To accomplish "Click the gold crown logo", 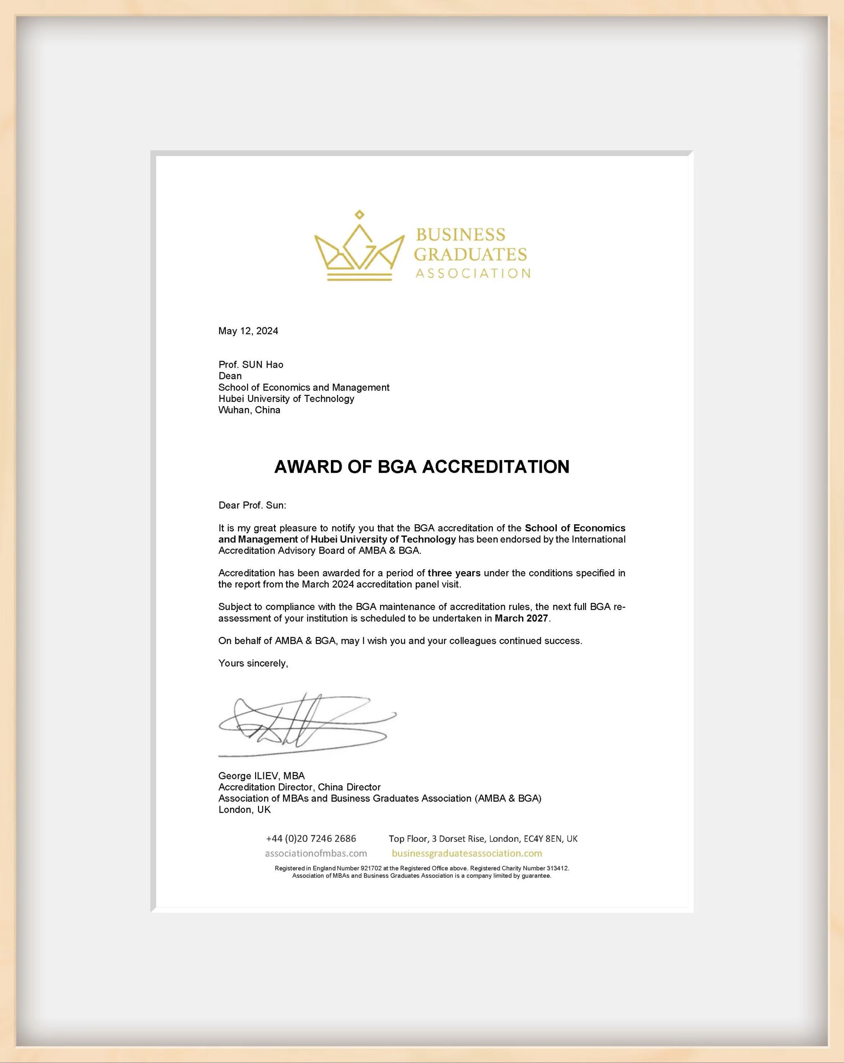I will [359, 249].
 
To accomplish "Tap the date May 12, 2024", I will [248, 331].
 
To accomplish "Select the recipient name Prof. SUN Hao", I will [251, 364].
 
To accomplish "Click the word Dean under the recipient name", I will [230, 376].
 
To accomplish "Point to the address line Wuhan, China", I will [249, 410].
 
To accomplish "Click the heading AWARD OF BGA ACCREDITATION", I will [422, 466].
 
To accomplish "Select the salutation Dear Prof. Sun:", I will [252, 505].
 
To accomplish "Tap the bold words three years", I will [454, 573].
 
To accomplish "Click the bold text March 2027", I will [521, 618].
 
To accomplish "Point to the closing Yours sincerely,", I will [253, 663].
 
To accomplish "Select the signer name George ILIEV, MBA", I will [261, 776].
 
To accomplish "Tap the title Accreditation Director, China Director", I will [300, 787].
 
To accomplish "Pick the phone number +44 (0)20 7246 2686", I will [311, 838].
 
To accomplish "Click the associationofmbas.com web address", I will [316, 853].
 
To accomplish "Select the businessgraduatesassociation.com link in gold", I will [467, 853].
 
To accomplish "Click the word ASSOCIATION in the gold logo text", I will [473, 273].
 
